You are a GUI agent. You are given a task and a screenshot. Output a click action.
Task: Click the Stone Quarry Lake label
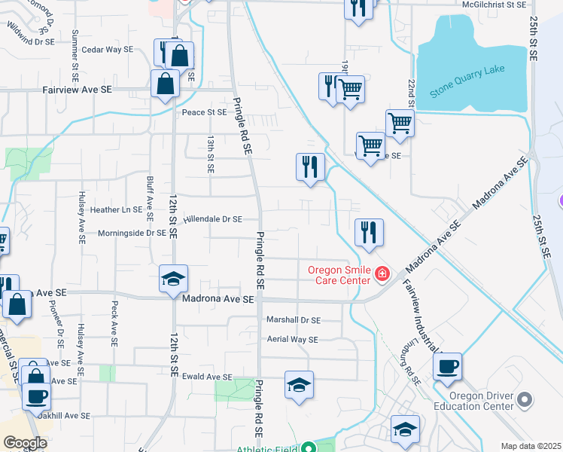coord(466,85)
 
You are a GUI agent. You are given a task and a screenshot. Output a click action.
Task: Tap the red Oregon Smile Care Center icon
coord(382,273)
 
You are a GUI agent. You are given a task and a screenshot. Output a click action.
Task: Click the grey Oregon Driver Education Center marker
coord(525,399)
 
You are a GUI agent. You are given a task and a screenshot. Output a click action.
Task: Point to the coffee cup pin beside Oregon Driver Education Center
coord(447,367)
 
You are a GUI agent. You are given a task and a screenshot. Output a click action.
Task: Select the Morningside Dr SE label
coord(132,233)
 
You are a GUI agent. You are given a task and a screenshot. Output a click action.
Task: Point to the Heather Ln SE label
coord(116,209)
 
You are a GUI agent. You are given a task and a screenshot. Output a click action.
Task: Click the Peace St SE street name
coord(204,112)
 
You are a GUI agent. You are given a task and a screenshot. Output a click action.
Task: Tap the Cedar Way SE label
coord(107,49)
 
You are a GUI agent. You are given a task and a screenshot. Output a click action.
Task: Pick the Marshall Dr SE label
coord(294,319)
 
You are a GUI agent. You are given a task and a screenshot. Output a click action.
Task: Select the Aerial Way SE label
coord(293,340)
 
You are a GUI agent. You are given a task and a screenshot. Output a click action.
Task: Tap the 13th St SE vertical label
coord(210,154)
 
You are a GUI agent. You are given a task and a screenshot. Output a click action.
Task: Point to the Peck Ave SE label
coord(114,324)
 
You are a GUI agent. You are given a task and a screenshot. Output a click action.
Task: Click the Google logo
coord(25,443)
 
